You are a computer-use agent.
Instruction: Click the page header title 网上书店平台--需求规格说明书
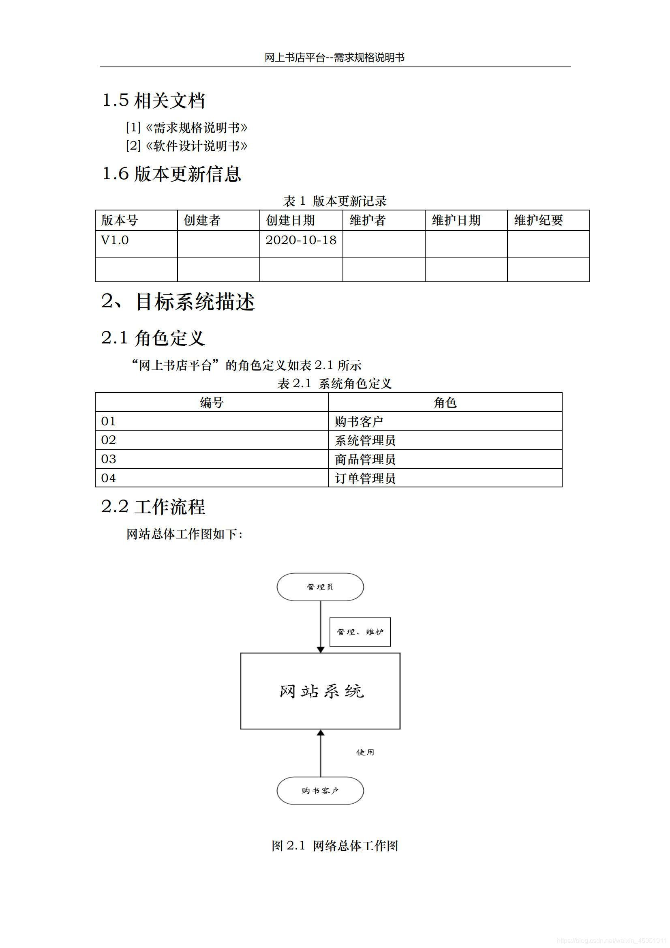click(x=334, y=58)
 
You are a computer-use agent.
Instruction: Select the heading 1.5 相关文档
click(x=153, y=100)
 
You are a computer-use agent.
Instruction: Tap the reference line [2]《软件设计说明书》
click(x=186, y=146)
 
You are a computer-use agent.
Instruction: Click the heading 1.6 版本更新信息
click(x=171, y=174)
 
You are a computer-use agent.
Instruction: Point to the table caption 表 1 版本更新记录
click(x=335, y=201)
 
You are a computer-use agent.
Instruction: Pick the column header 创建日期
click(x=290, y=220)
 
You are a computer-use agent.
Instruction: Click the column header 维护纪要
click(x=538, y=220)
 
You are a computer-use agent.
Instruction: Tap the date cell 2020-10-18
click(x=301, y=240)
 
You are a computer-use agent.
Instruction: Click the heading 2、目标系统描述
click(x=178, y=302)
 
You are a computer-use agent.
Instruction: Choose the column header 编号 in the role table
click(x=212, y=402)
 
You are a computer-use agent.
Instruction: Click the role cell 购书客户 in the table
click(x=359, y=421)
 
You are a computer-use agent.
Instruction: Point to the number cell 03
click(x=109, y=459)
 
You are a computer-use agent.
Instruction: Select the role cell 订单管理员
click(x=365, y=478)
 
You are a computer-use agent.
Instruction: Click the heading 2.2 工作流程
click(x=153, y=506)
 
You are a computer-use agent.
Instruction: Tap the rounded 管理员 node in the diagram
click(x=320, y=587)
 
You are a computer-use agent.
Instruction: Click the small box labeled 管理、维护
click(x=360, y=632)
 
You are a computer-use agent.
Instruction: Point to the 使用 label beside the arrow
click(x=365, y=752)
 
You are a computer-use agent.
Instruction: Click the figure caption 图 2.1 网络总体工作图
click(x=335, y=845)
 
